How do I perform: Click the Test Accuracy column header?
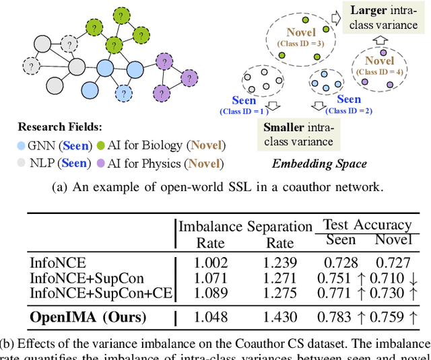pos(367,225)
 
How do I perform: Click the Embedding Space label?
pos(320,163)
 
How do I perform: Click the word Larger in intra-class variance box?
pos(369,9)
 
